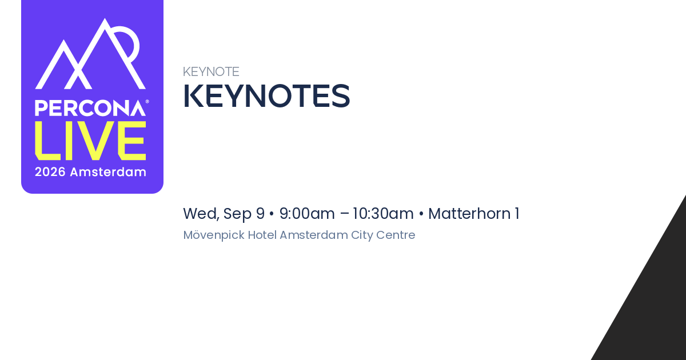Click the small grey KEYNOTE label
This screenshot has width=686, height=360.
[x=211, y=72]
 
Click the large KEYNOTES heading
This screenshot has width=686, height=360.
[x=266, y=96]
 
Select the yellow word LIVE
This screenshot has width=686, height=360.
[x=90, y=141]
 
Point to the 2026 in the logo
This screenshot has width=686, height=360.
[x=50, y=172]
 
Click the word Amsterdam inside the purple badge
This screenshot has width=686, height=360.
[x=108, y=172]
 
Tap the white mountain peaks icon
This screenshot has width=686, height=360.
[x=90, y=54]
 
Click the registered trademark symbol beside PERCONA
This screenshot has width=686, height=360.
[x=147, y=102]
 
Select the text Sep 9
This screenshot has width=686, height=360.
[x=244, y=214]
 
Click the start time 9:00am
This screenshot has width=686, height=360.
[x=307, y=214]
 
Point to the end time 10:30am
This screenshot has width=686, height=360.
[x=383, y=214]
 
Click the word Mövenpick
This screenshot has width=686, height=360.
[x=214, y=235]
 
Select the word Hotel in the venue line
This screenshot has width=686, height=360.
[x=262, y=235]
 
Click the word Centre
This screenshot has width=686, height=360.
[x=396, y=235]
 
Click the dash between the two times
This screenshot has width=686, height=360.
[x=344, y=214]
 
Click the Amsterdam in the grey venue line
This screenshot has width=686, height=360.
[x=314, y=235]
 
